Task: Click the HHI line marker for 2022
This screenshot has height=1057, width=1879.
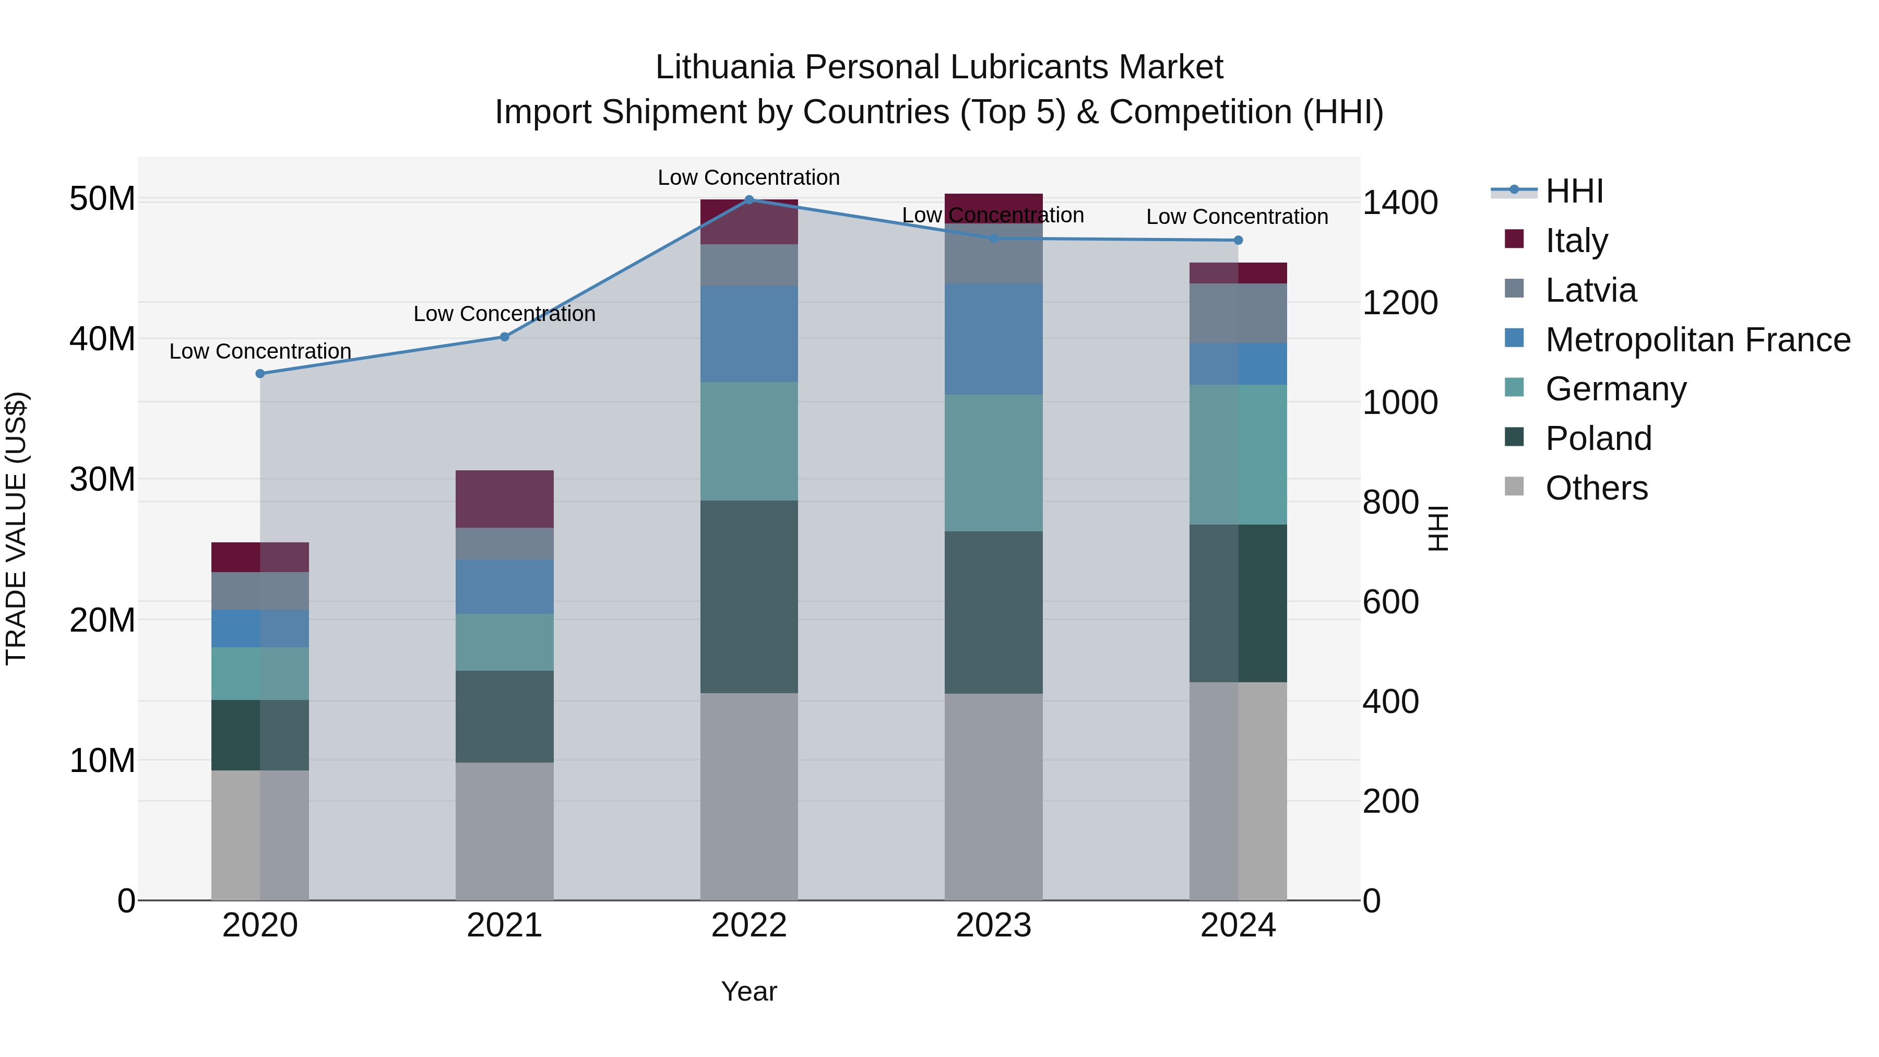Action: point(748,199)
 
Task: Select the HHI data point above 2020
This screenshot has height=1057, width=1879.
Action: point(260,374)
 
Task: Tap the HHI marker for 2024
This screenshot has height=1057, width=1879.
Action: point(1238,240)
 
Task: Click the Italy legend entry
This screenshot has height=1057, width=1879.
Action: point(1576,241)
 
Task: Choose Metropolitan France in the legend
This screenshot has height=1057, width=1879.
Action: point(1697,340)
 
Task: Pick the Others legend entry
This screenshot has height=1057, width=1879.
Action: point(1596,488)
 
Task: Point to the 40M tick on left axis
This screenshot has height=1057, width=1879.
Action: point(102,339)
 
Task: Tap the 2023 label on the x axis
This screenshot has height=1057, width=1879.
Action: point(993,925)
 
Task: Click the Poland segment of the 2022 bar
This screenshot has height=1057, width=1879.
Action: point(748,596)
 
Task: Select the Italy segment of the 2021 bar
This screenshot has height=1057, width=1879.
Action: point(504,499)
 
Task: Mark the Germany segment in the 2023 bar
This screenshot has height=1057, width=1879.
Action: point(993,462)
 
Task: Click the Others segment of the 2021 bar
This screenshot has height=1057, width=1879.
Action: point(504,831)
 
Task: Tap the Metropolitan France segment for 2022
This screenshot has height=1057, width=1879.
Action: point(748,334)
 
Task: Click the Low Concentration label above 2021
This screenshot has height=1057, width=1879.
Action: point(504,314)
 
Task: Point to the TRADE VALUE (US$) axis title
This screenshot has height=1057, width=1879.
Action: point(16,528)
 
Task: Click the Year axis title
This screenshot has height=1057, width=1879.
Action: point(748,991)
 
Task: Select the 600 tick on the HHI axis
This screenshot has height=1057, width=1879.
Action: point(1390,602)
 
